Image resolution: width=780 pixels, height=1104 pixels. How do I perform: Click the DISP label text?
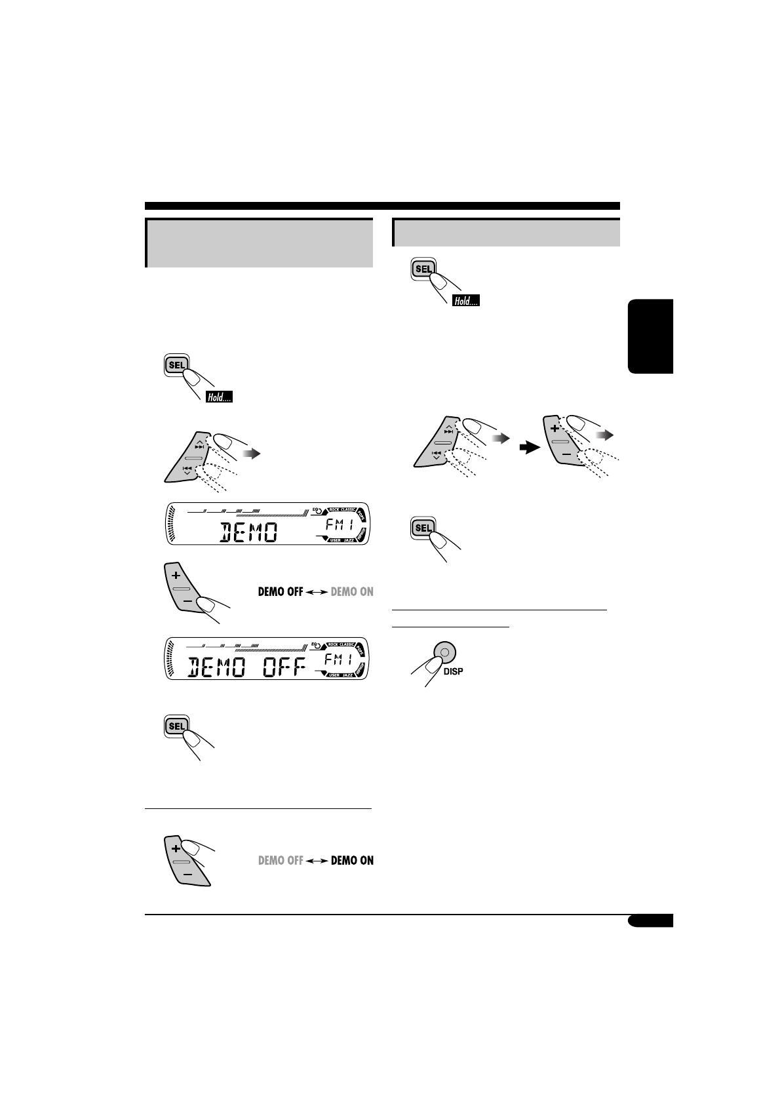[453, 671]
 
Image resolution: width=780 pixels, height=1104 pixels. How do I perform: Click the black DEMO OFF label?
[281, 591]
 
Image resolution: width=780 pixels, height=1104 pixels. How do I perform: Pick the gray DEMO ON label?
[352, 591]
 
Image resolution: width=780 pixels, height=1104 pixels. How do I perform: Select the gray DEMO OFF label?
[281, 860]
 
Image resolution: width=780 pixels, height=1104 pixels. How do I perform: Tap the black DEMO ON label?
[352, 860]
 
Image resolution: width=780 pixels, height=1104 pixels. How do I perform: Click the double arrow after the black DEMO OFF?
[317, 592]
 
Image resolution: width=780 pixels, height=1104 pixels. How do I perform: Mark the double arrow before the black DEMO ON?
[317, 861]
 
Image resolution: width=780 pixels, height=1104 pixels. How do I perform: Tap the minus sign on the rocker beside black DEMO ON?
[187, 875]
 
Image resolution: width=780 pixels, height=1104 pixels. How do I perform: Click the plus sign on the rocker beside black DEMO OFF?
[175, 576]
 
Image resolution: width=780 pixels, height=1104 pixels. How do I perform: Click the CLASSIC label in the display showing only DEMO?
[347, 509]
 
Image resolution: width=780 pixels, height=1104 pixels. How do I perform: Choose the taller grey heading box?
[259, 243]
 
